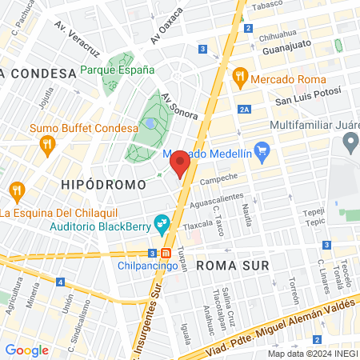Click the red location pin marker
tap(180, 162)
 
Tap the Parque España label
tap(118, 70)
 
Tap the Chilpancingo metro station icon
tap(166, 253)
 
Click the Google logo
tap(26, 350)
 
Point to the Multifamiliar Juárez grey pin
tap(350, 144)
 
